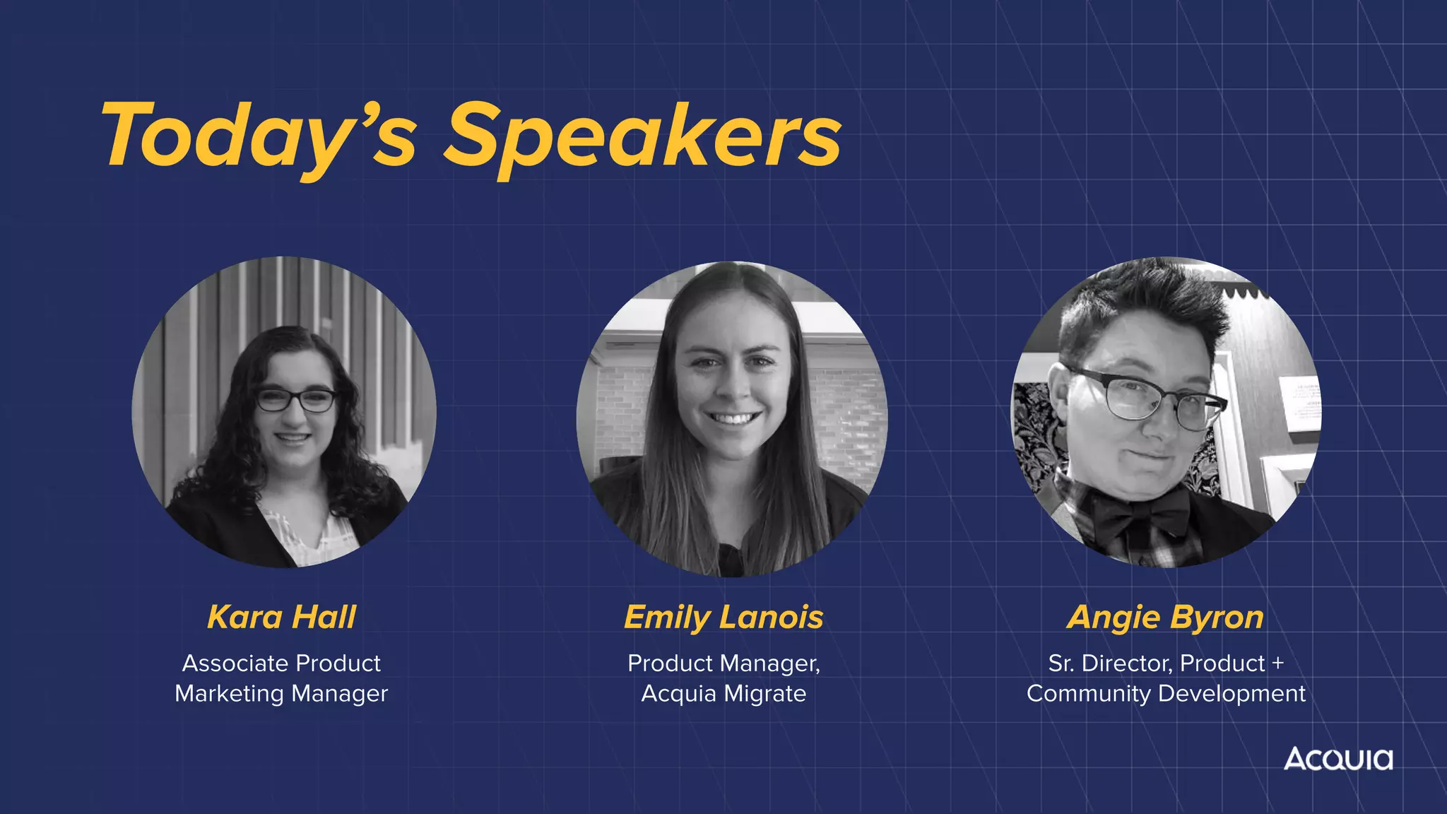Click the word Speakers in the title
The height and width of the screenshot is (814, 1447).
(x=643, y=136)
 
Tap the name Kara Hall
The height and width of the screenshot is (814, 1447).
(x=282, y=617)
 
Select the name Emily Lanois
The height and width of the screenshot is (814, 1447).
(x=723, y=617)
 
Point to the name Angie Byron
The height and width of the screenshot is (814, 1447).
(x=1165, y=617)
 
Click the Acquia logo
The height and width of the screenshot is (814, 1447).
(x=1338, y=759)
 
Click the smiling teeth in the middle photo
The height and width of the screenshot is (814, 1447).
(x=733, y=419)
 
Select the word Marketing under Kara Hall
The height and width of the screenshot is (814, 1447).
(x=230, y=694)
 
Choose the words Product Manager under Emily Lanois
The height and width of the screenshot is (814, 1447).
(x=723, y=663)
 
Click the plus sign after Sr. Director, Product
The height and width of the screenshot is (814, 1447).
(x=1277, y=663)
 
